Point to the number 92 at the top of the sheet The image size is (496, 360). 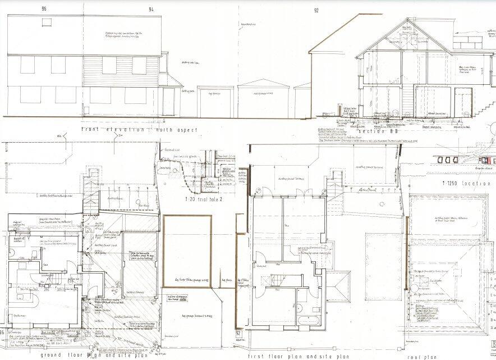point(316,10)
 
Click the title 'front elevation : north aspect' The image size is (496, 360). point(139,130)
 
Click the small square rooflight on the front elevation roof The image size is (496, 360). point(44,21)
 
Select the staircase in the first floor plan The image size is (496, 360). point(279,277)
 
